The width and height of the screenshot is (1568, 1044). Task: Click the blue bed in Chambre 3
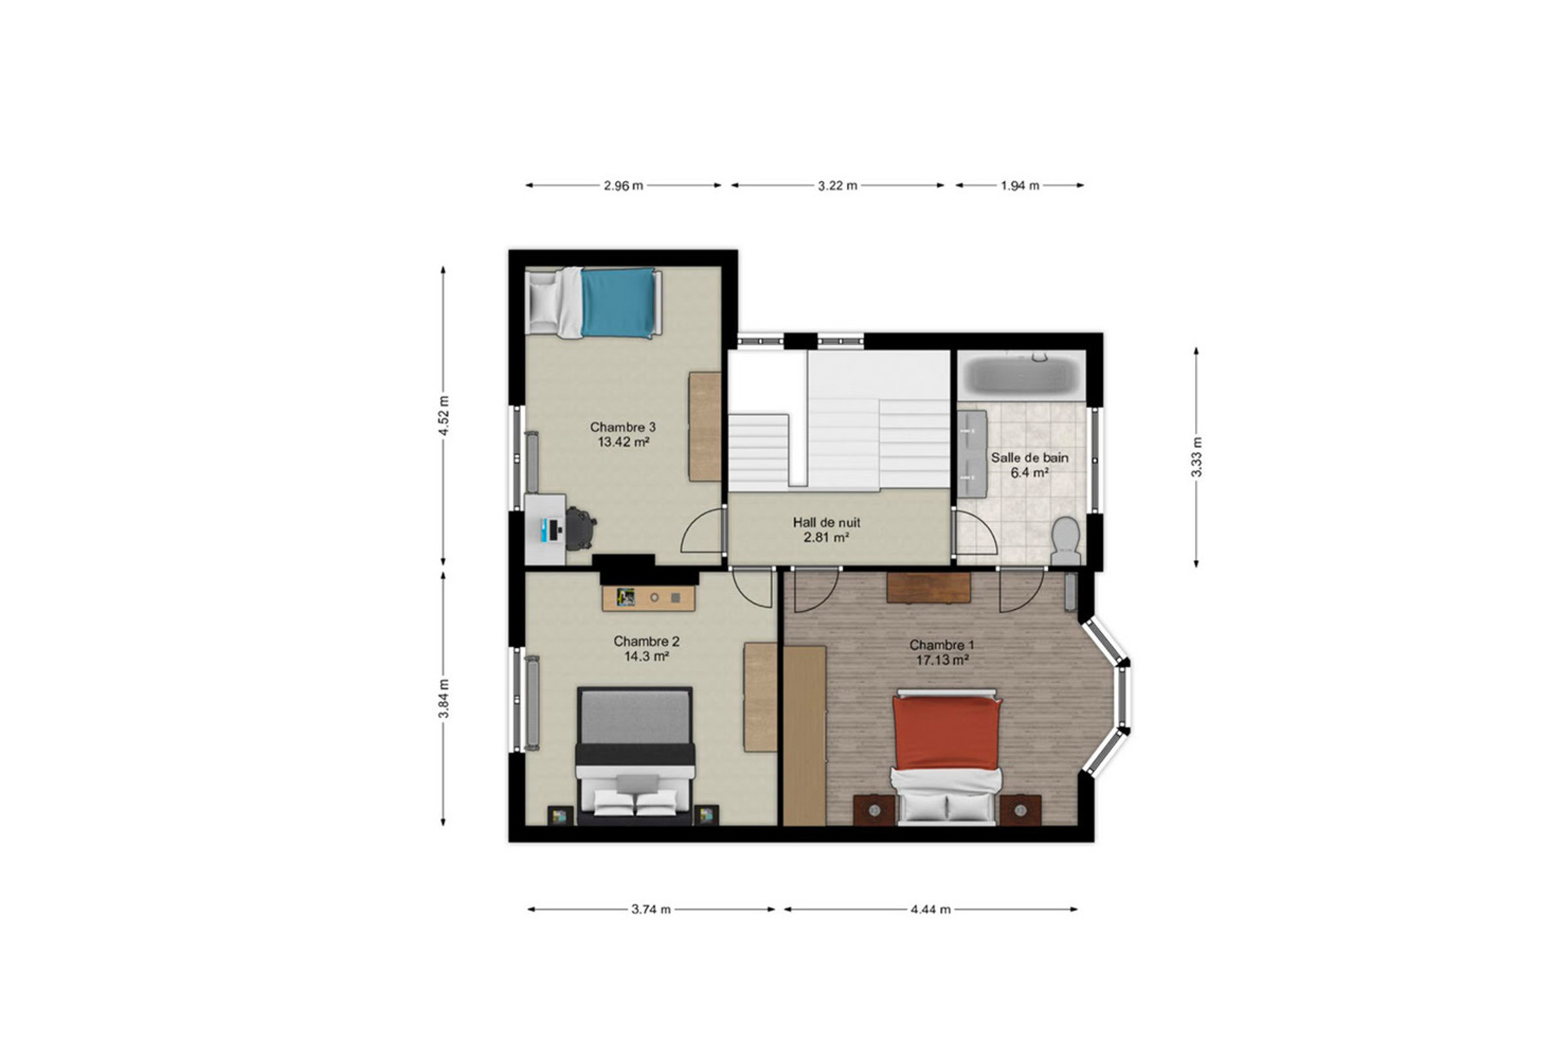(x=594, y=302)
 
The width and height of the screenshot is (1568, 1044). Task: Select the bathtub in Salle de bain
(x=1022, y=377)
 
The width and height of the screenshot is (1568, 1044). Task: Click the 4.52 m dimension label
(x=444, y=416)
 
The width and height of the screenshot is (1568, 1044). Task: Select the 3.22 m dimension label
(x=837, y=185)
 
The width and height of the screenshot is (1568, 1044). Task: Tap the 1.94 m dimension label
(x=1020, y=185)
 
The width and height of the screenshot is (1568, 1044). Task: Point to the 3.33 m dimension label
(x=1197, y=457)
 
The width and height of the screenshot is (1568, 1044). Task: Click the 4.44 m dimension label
(x=931, y=909)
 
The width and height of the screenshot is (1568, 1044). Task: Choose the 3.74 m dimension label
(x=651, y=909)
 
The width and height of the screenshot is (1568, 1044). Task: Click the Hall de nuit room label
(x=826, y=523)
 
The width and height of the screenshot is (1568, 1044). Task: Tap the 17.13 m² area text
(x=943, y=660)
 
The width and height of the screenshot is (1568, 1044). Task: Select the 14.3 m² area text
(x=646, y=657)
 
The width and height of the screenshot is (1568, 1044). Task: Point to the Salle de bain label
(x=1030, y=458)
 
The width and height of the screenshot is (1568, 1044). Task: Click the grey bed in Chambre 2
(x=635, y=755)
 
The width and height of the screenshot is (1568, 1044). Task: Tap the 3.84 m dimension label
(x=444, y=699)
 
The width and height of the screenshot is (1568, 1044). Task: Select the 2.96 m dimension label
(x=624, y=185)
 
